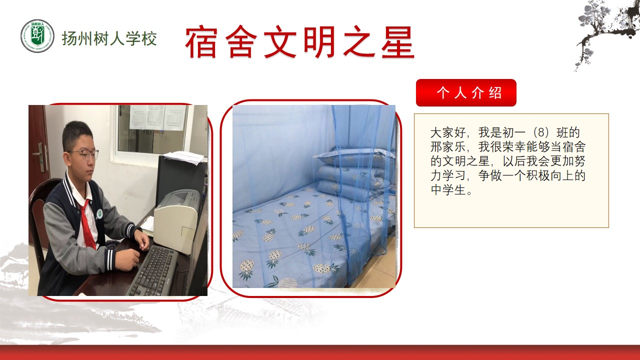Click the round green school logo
(x=37, y=36)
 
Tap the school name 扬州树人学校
(x=109, y=38)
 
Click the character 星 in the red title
(x=397, y=42)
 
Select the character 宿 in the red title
(x=201, y=42)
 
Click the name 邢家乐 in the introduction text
(x=448, y=147)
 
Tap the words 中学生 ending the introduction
(x=448, y=190)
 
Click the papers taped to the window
(x=158, y=117)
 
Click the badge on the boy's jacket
(x=99, y=213)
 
